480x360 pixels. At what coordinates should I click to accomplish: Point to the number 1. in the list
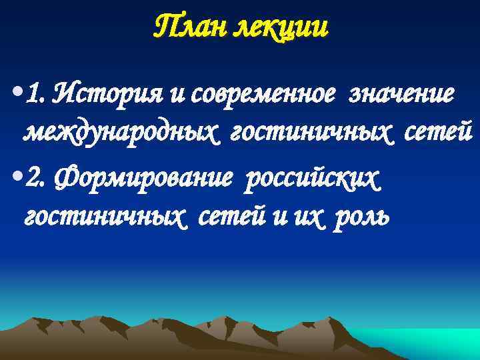point(34,95)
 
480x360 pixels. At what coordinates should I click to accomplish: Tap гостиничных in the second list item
point(94,217)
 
